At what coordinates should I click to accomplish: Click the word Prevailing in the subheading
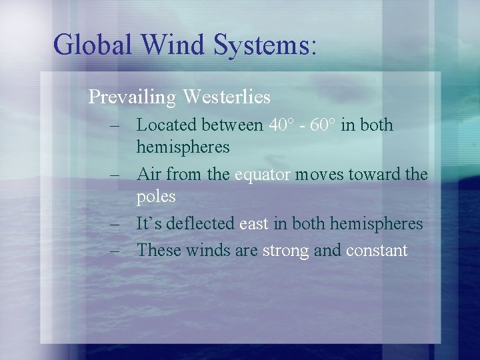[x=132, y=97]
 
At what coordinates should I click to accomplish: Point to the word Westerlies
[x=227, y=97]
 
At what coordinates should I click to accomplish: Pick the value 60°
[x=323, y=125]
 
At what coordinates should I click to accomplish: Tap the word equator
[x=263, y=175]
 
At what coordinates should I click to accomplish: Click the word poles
[x=156, y=197]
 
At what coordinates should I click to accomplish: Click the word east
[x=254, y=224]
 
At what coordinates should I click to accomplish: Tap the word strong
[x=285, y=251]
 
